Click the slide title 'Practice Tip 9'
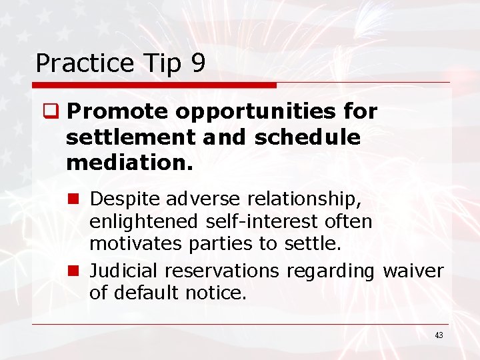click(120, 63)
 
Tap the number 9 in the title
click(197, 63)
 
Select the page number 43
click(438, 335)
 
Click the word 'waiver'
click(413, 271)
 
